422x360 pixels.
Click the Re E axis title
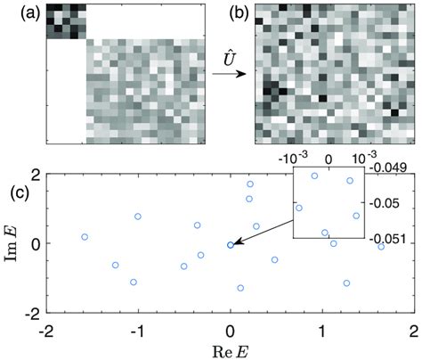click(x=230, y=349)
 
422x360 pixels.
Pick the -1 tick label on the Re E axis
click(x=136, y=331)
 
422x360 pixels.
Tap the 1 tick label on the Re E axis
click(x=321, y=331)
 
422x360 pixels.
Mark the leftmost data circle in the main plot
click(x=85, y=237)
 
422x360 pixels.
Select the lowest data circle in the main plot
click(x=240, y=288)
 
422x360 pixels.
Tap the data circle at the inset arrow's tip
click(x=231, y=244)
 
